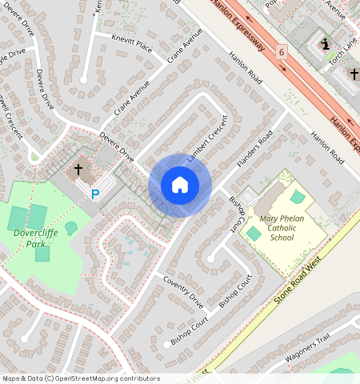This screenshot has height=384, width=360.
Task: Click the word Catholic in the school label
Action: click(282, 227)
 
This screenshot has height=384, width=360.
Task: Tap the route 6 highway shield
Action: click(282, 52)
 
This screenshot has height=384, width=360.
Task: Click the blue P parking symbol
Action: click(95, 194)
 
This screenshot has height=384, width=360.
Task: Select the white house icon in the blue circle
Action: click(180, 186)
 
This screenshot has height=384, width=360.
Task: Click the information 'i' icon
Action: click(325, 44)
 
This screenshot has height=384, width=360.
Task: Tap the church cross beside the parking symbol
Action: click(78, 170)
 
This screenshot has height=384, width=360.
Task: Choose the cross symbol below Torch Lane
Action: click(354, 74)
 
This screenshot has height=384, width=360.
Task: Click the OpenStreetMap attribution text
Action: click(80, 378)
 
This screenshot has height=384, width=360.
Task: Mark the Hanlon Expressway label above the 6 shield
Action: click(237, 24)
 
